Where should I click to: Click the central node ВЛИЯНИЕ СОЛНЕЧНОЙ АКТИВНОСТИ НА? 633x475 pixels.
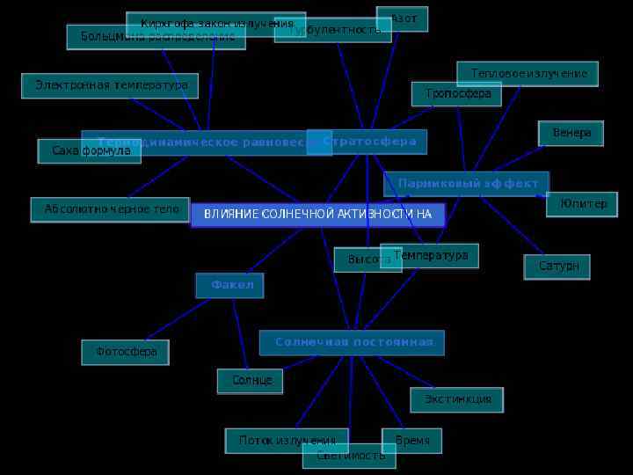[318, 215]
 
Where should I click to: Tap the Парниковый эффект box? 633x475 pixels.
[467, 184]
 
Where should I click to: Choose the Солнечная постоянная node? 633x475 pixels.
[352, 342]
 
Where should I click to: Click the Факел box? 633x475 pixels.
[230, 286]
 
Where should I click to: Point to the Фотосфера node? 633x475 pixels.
[126, 352]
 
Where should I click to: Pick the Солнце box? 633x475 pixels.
[251, 381]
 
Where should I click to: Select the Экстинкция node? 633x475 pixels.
[457, 399]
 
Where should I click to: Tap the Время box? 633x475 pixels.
[412, 440]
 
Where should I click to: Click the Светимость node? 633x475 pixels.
[350, 456]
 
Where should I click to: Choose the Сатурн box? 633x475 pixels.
[557, 267]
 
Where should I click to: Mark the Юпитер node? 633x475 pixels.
[582, 204]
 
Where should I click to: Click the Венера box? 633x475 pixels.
[571, 133]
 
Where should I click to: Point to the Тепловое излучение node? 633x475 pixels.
[527, 74]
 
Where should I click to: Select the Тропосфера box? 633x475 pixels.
[457, 93]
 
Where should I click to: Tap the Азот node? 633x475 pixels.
[403, 18]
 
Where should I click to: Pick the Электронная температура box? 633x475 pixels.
[110, 85]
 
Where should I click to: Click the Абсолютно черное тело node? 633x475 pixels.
[111, 209]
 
